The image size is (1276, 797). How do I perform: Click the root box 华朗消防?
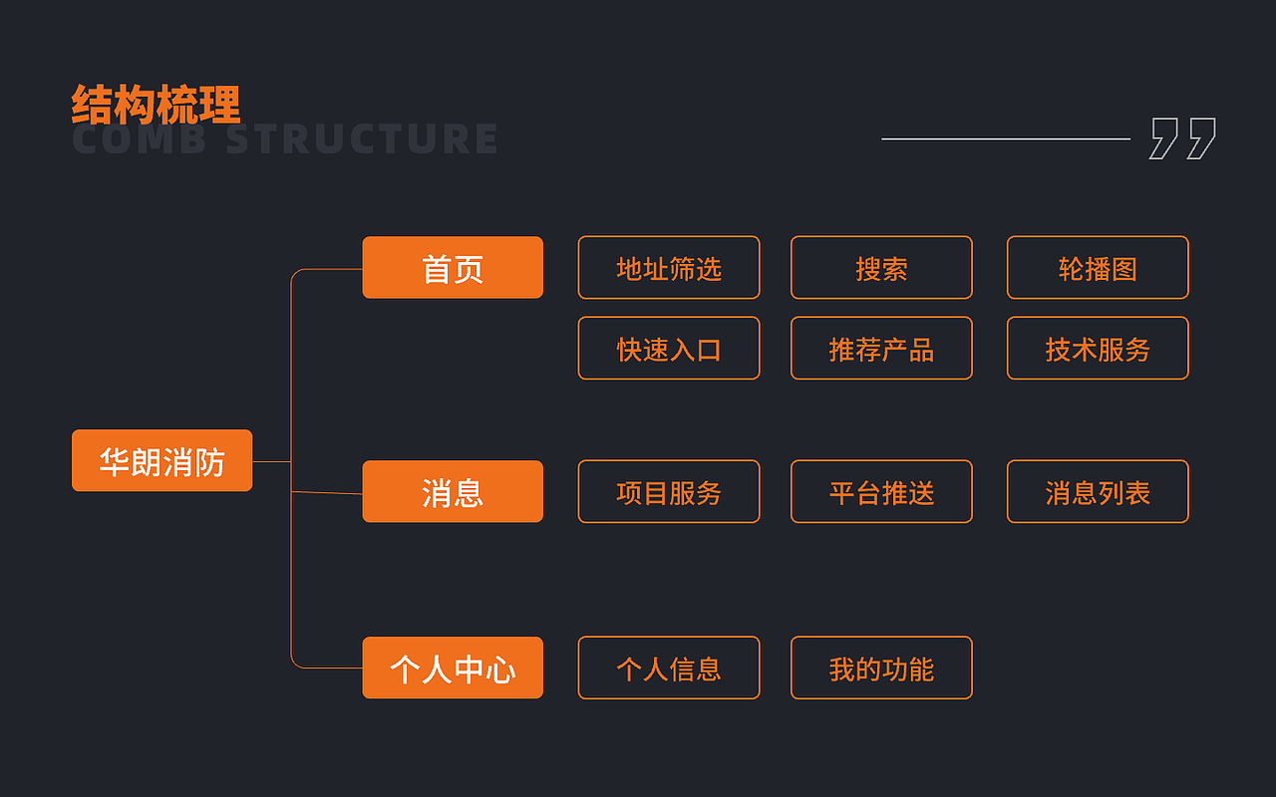click(161, 460)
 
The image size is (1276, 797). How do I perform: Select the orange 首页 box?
click(453, 268)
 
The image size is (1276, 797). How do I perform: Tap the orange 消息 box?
click(453, 491)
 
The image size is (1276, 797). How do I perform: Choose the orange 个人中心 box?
click(453, 667)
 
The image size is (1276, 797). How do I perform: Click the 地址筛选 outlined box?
click(669, 268)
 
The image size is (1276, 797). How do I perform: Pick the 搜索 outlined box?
click(881, 268)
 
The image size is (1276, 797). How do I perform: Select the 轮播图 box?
click(1098, 268)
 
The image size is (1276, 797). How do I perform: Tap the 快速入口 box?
click(669, 349)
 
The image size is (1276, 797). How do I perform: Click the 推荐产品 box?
click(881, 349)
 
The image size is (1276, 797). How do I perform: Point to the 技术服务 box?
click(1098, 349)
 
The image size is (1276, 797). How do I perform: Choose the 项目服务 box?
click(669, 491)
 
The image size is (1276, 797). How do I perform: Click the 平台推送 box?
click(881, 491)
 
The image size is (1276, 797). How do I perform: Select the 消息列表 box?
click(1098, 491)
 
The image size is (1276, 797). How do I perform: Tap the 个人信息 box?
click(669, 667)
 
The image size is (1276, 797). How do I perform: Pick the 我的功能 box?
click(881, 667)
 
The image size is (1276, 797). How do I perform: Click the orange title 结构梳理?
click(157, 105)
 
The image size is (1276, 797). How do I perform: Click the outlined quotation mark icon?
click(1183, 138)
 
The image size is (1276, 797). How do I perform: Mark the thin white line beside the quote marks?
click(1006, 138)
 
